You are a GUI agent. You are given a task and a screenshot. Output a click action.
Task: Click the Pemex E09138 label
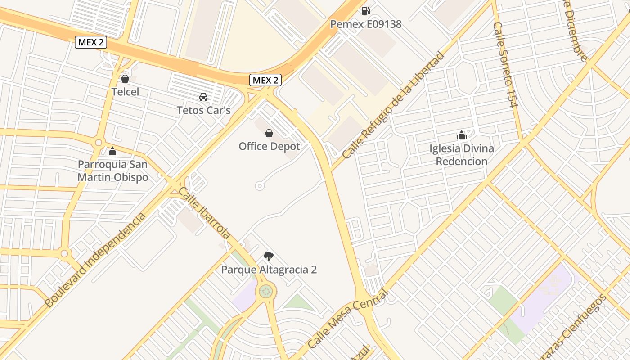pyautogui.click(x=365, y=24)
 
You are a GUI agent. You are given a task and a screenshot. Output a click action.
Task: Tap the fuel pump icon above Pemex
pyautogui.click(x=365, y=10)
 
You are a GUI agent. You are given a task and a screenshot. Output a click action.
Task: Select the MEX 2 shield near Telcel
pyautogui.click(x=91, y=42)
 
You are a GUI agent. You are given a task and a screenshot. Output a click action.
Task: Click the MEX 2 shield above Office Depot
pyautogui.click(x=265, y=81)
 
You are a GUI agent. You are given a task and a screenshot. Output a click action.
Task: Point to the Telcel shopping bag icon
pyautogui.click(x=125, y=79)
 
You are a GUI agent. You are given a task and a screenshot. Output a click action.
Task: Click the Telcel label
pyautogui.click(x=125, y=92)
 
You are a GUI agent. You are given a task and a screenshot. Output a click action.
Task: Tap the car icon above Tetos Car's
pyautogui.click(x=203, y=97)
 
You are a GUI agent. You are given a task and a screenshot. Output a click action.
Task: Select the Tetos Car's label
pyautogui.click(x=203, y=110)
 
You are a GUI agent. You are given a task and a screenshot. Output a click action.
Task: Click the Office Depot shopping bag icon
pyautogui.click(x=269, y=133)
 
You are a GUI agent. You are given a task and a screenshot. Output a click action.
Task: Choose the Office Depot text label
pyautogui.click(x=269, y=146)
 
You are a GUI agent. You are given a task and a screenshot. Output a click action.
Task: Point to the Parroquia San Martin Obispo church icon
pyautogui.click(x=112, y=151)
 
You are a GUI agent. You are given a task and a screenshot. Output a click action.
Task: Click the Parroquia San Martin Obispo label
pyautogui.click(x=112, y=171)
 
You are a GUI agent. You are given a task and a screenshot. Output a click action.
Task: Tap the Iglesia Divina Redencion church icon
pyautogui.click(x=462, y=135)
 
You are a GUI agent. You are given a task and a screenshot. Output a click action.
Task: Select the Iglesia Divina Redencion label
pyautogui.click(x=462, y=155)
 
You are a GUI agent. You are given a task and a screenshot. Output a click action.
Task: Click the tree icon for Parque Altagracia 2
pyautogui.click(x=269, y=256)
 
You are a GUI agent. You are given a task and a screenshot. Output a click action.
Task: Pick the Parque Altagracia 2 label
pyautogui.click(x=269, y=270)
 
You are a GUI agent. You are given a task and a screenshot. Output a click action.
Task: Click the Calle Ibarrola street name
pyautogui.click(x=205, y=213)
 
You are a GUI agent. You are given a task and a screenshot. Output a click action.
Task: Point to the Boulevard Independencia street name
pyautogui.click(x=95, y=260)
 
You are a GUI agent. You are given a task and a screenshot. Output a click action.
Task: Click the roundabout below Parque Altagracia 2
pyautogui.click(x=266, y=291)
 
